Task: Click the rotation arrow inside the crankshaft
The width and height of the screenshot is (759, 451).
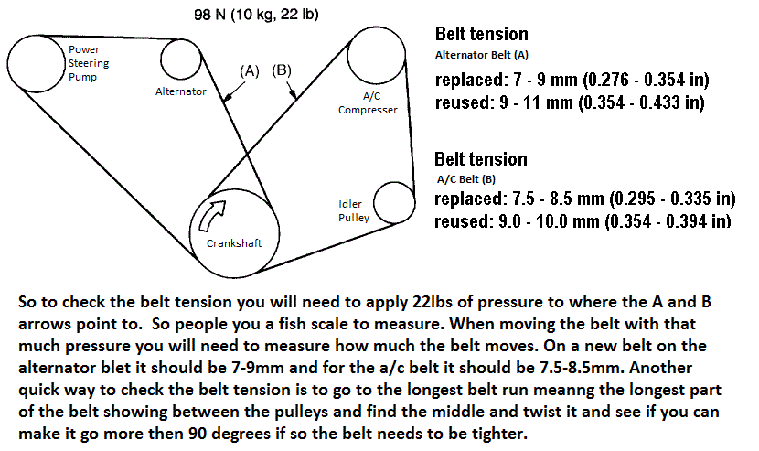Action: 211,218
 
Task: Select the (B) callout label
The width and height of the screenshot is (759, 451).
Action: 282,70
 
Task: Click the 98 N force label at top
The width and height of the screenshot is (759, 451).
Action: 256,16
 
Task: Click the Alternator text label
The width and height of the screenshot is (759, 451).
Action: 180,91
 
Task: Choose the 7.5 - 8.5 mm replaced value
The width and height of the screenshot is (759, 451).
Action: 555,199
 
